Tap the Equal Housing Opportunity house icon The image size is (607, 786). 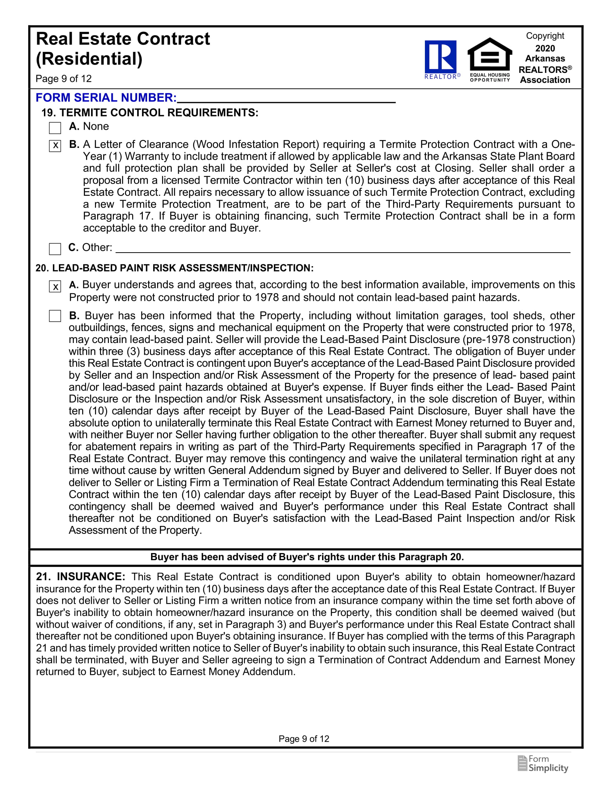click(x=490, y=55)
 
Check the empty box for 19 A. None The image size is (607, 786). click(x=55, y=128)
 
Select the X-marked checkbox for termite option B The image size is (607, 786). click(x=55, y=146)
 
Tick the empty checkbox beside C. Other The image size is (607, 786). click(x=55, y=249)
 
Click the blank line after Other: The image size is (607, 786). click(x=342, y=248)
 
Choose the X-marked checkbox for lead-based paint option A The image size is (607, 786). click(x=55, y=287)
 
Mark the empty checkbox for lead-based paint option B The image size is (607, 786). click(x=55, y=316)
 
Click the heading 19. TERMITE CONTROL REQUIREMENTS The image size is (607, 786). click(x=150, y=113)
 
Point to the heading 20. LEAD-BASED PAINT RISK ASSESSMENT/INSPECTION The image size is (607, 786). click(x=174, y=268)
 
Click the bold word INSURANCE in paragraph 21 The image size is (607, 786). click(x=91, y=577)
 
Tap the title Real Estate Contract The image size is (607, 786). click(x=123, y=39)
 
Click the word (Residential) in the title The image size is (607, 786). click(x=89, y=59)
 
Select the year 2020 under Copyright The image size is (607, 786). click(x=545, y=48)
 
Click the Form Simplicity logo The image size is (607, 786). click(x=543, y=764)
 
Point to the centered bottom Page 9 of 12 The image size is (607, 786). click(x=304, y=739)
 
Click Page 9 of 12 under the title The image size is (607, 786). click(x=64, y=79)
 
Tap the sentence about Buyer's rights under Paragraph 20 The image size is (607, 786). click(x=307, y=557)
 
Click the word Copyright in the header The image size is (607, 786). click(x=545, y=36)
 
